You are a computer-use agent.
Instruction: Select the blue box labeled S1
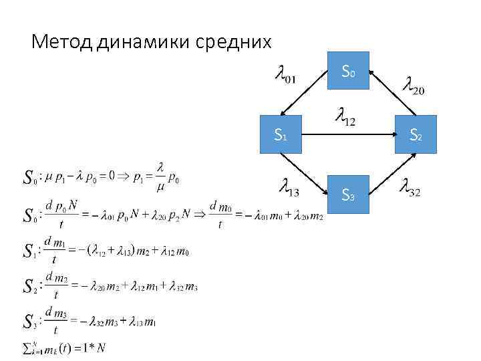pos(281,136)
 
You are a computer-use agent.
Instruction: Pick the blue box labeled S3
pos(348,195)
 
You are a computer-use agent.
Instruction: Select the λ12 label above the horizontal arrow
pos(345,117)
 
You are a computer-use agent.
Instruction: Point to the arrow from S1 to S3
pos(304,175)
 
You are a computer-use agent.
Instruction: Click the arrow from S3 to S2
pos(393,175)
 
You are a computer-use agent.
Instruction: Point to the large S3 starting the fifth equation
pos(28,321)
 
